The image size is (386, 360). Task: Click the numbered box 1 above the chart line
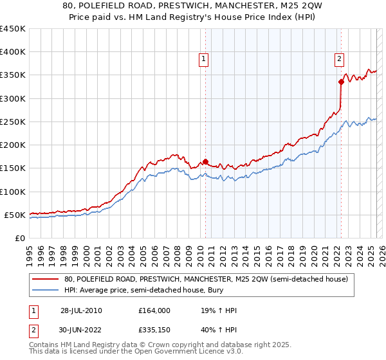tap(204, 60)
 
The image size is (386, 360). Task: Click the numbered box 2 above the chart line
tap(339, 60)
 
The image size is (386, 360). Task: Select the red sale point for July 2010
tap(205, 161)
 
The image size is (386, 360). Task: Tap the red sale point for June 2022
tap(341, 82)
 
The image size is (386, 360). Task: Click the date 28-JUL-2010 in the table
tap(81, 310)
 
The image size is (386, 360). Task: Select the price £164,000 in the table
tap(154, 310)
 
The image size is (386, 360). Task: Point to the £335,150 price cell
tap(154, 331)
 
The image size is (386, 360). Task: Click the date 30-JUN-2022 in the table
tap(81, 331)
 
